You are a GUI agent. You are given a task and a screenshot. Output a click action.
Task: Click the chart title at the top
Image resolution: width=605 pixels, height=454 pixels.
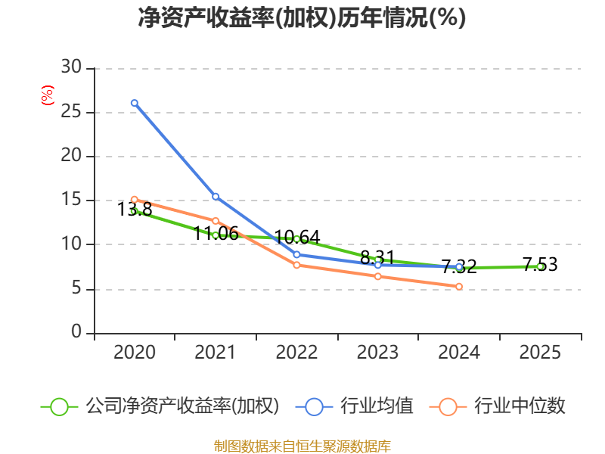(302, 18)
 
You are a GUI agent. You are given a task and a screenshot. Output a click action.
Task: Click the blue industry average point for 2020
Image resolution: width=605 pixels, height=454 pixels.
(135, 103)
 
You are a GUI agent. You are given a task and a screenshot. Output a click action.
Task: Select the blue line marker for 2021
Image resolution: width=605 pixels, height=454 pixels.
(216, 197)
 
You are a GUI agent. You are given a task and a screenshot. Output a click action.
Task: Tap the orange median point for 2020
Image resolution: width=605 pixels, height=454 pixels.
(135, 200)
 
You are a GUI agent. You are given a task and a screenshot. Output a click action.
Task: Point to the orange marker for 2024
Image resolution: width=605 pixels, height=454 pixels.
(459, 286)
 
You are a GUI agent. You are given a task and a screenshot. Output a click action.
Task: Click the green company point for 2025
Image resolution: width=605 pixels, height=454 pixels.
(540, 266)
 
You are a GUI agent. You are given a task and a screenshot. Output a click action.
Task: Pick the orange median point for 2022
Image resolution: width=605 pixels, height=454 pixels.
(296, 265)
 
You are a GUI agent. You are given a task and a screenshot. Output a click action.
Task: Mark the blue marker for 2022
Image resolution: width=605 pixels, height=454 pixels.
(296, 254)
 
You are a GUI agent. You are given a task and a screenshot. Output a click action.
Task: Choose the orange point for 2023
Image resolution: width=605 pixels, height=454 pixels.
(377, 276)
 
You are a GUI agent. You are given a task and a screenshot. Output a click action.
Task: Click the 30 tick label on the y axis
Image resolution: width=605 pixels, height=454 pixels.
(71, 68)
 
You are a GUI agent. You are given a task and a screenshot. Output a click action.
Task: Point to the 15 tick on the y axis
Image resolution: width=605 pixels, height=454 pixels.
(71, 201)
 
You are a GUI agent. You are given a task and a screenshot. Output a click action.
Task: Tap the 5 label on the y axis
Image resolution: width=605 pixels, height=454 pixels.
(76, 289)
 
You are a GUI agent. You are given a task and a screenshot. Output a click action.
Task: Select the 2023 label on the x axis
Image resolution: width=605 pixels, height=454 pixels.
(377, 353)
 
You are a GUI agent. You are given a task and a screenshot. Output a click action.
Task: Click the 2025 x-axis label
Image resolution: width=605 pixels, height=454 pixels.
(540, 353)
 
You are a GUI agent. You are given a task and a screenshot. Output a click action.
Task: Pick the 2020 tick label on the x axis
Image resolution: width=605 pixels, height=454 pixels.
(135, 353)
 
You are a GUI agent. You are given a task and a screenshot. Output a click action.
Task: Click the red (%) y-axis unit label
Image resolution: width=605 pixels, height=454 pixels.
(47, 95)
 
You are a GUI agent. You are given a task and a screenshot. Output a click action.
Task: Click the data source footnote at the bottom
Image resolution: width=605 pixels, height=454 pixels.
(302, 446)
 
